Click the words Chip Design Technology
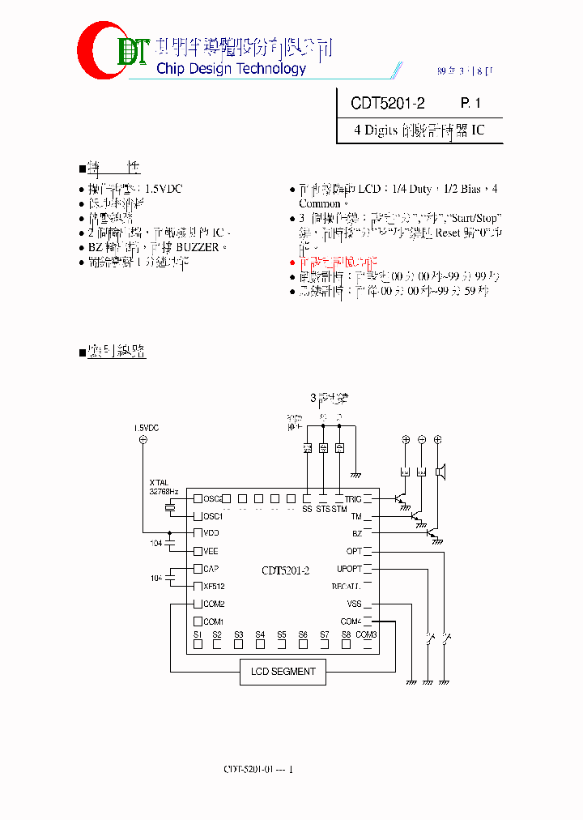(x=231, y=69)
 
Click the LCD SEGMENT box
(x=283, y=672)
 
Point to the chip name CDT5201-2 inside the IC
(x=286, y=570)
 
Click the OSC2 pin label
(x=212, y=499)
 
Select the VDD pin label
(x=211, y=533)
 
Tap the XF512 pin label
(x=213, y=586)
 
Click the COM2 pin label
(x=214, y=604)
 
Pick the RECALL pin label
(x=346, y=586)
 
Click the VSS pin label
(x=354, y=604)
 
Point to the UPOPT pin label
(x=349, y=569)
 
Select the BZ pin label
(x=356, y=533)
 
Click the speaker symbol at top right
(x=440, y=472)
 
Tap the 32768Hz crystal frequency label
(x=164, y=490)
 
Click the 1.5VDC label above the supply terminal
(x=147, y=427)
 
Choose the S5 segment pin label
(x=281, y=634)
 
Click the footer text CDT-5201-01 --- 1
(x=258, y=769)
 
